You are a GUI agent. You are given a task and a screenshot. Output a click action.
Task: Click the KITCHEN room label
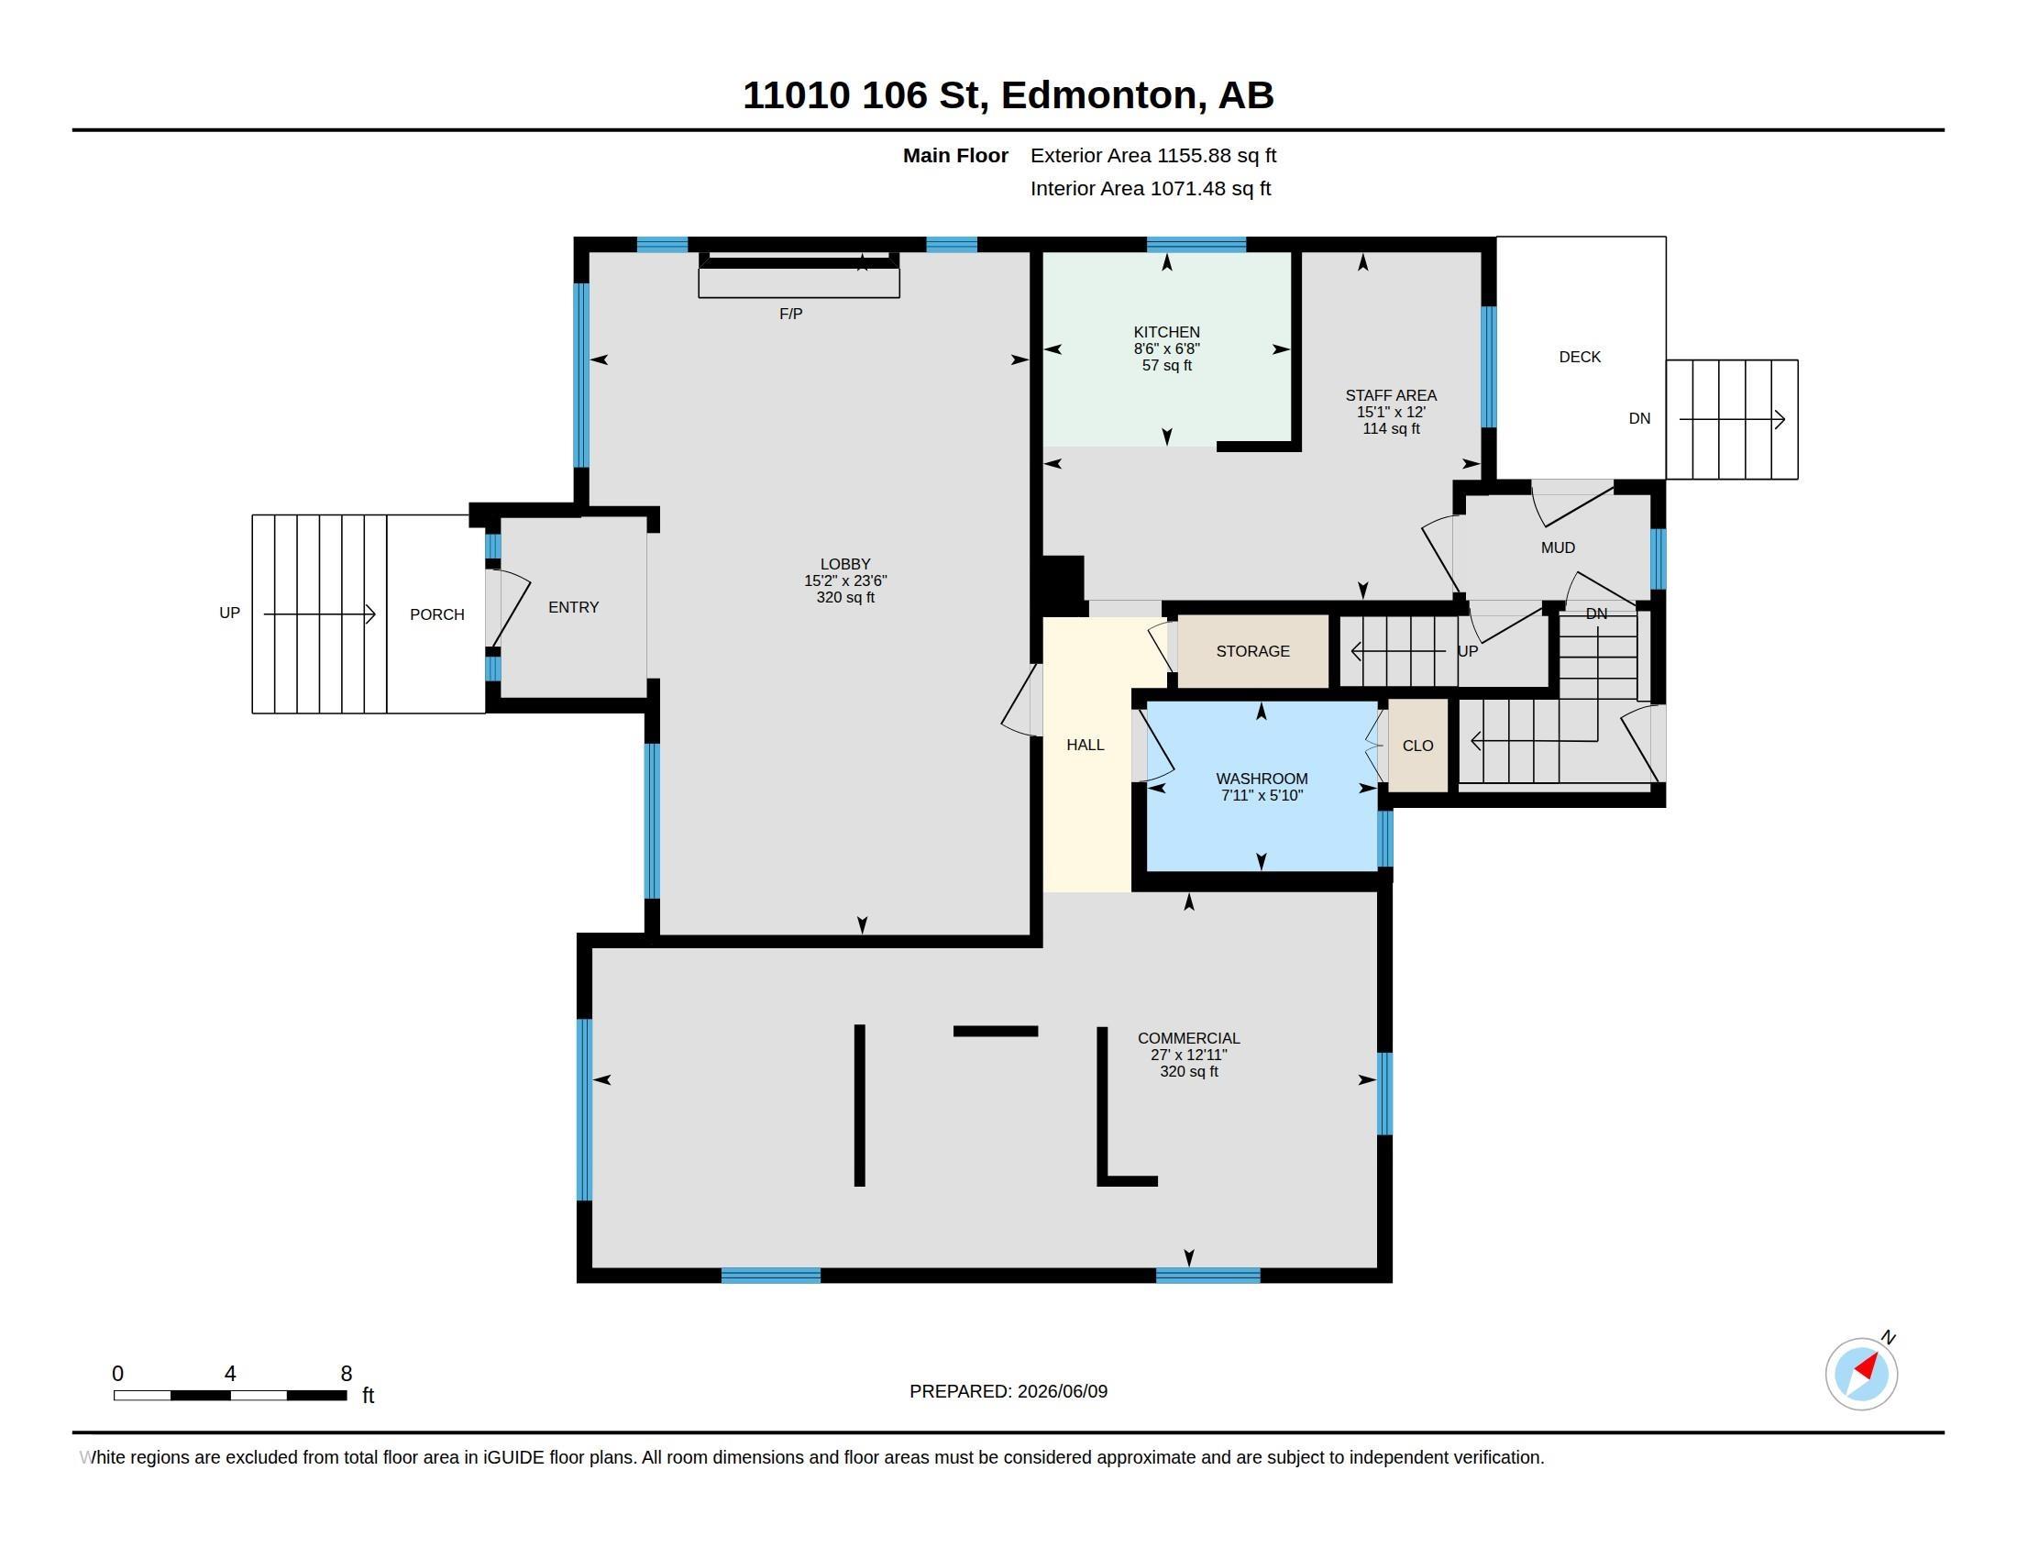click(x=1166, y=332)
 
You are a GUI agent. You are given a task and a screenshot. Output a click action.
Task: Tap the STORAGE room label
click(x=1252, y=651)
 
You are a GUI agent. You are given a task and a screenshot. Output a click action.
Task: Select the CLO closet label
click(x=1417, y=746)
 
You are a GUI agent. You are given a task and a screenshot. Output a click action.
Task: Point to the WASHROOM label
click(x=1262, y=779)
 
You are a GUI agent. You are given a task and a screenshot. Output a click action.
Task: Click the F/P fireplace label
click(x=790, y=314)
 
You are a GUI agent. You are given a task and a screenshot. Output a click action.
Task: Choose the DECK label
click(x=1580, y=357)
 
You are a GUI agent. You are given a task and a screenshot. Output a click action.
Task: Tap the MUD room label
click(x=1557, y=547)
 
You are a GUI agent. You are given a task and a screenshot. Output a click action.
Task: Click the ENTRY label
click(x=574, y=607)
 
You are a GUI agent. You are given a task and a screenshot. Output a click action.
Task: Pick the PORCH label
click(x=436, y=614)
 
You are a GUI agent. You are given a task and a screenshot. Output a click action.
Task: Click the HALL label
click(x=1086, y=745)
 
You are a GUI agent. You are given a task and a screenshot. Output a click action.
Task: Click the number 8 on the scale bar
click(x=347, y=1374)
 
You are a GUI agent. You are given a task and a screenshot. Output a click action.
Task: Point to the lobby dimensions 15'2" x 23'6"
click(x=845, y=580)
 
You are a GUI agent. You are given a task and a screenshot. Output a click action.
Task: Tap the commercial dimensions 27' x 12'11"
click(x=1188, y=1055)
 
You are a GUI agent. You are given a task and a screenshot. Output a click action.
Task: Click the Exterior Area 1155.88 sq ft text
click(x=1153, y=155)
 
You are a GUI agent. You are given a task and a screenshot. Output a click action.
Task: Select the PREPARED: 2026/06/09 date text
click(x=1008, y=1391)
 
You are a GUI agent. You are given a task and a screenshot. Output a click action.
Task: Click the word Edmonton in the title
click(x=1104, y=95)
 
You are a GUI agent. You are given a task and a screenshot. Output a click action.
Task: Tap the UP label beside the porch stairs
click(x=229, y=613)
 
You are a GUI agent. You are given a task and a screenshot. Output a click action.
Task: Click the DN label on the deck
click(x=1639, y=418)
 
